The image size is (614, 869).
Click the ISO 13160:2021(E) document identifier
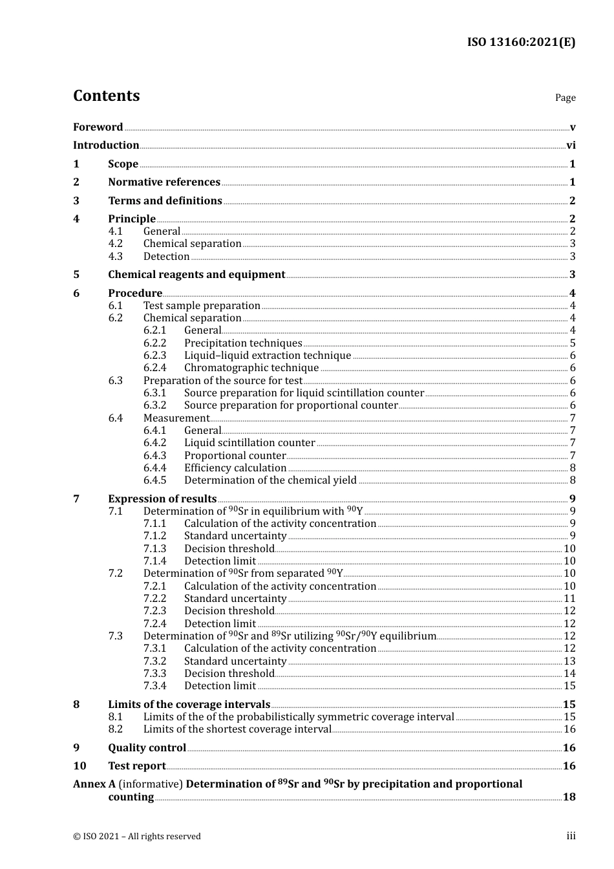[x=521, y=43]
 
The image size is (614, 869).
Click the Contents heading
[x=106, y=96]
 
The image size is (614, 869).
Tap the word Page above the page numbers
[x=565, y=98]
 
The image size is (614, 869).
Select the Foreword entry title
[x=98, y=127]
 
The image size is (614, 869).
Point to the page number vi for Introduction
[x=571, y=145]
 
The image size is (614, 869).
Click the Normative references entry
[x=164, y=182]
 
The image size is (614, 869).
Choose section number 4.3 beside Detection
[x=115, y=257]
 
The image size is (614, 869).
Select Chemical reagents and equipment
[x=196, y=275]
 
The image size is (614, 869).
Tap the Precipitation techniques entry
[x=243, y=343]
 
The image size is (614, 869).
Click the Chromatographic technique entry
[x=251, y=368]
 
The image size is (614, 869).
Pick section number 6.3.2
[x=154, y=405]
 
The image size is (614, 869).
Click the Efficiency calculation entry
[x=235, y=468]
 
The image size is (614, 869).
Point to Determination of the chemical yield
[x=270, y=480]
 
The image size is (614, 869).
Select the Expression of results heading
[x=162, y=499]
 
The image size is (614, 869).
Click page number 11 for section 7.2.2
[x=569, y=599]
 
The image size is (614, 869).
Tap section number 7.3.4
[x=154, y=686]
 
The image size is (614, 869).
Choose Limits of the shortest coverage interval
[x=237, y=729]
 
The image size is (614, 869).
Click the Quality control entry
[x=147, y=748]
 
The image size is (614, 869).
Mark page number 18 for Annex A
[x=569, y=797]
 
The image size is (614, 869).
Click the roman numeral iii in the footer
[x=571, y=836]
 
